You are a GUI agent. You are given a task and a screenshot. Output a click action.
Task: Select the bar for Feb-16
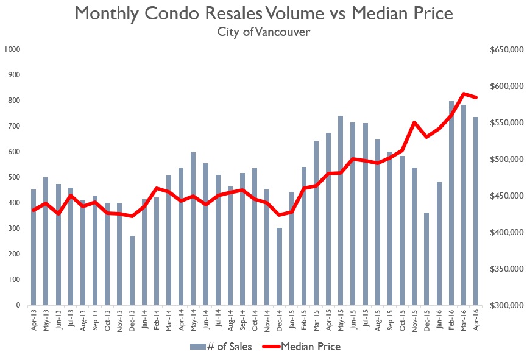451,244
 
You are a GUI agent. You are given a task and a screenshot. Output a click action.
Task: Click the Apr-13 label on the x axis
34,320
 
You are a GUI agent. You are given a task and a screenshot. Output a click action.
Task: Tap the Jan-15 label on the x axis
292,320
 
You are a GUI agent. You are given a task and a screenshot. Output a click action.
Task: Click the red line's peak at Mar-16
464,94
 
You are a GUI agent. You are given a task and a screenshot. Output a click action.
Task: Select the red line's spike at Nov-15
414,122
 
